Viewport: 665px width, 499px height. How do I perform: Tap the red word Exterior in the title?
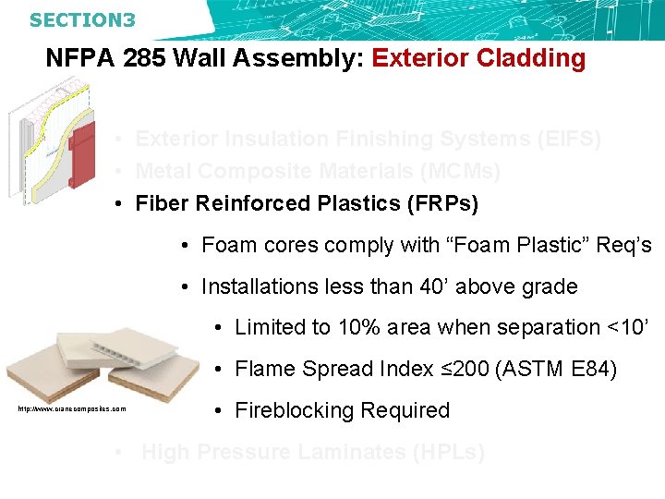pyautogui.click(x=420, y=59)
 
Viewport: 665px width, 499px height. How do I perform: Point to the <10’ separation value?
pyautogui.click(x=631, y=328)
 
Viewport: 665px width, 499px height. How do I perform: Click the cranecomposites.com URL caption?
pyautogui.click(x=71, y=408)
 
